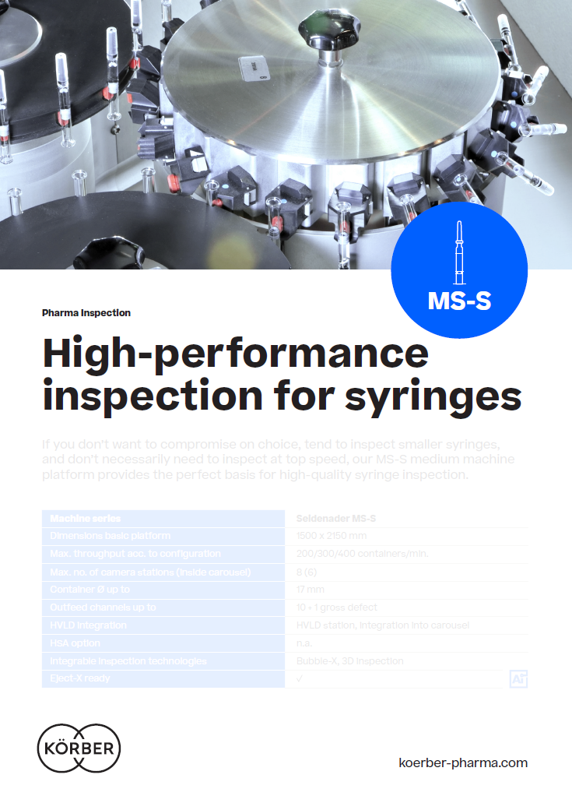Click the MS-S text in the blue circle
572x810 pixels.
[x=459, y=301]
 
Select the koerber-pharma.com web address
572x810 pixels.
[x=462, y=762]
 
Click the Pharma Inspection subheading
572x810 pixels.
[x=86, y=313]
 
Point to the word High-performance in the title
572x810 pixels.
[x=235, y=354]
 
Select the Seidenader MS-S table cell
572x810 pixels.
[x=336, y=518]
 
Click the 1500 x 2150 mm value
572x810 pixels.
[x=330, y=536]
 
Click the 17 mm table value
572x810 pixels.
[x=311, y=590]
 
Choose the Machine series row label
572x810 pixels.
[x=86, y=518]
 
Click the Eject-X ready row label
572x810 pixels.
[x=80, y=678]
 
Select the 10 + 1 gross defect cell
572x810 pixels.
[x=337, y=607]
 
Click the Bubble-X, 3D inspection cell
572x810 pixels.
[x=349, y=661]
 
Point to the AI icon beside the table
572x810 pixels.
[x=518, y=678]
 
